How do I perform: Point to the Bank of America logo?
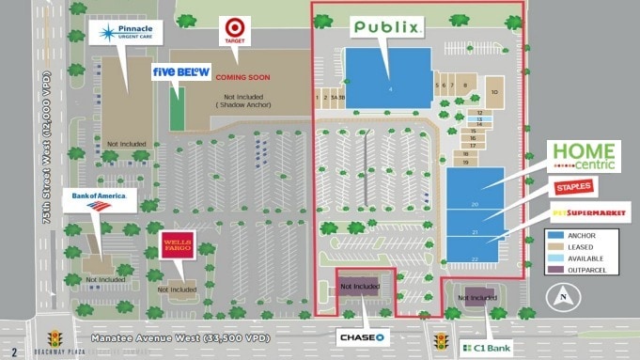coord(99,201)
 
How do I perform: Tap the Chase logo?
coord(364,337)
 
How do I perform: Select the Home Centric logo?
coord(583,156)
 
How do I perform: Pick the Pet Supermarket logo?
coord(589,212)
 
